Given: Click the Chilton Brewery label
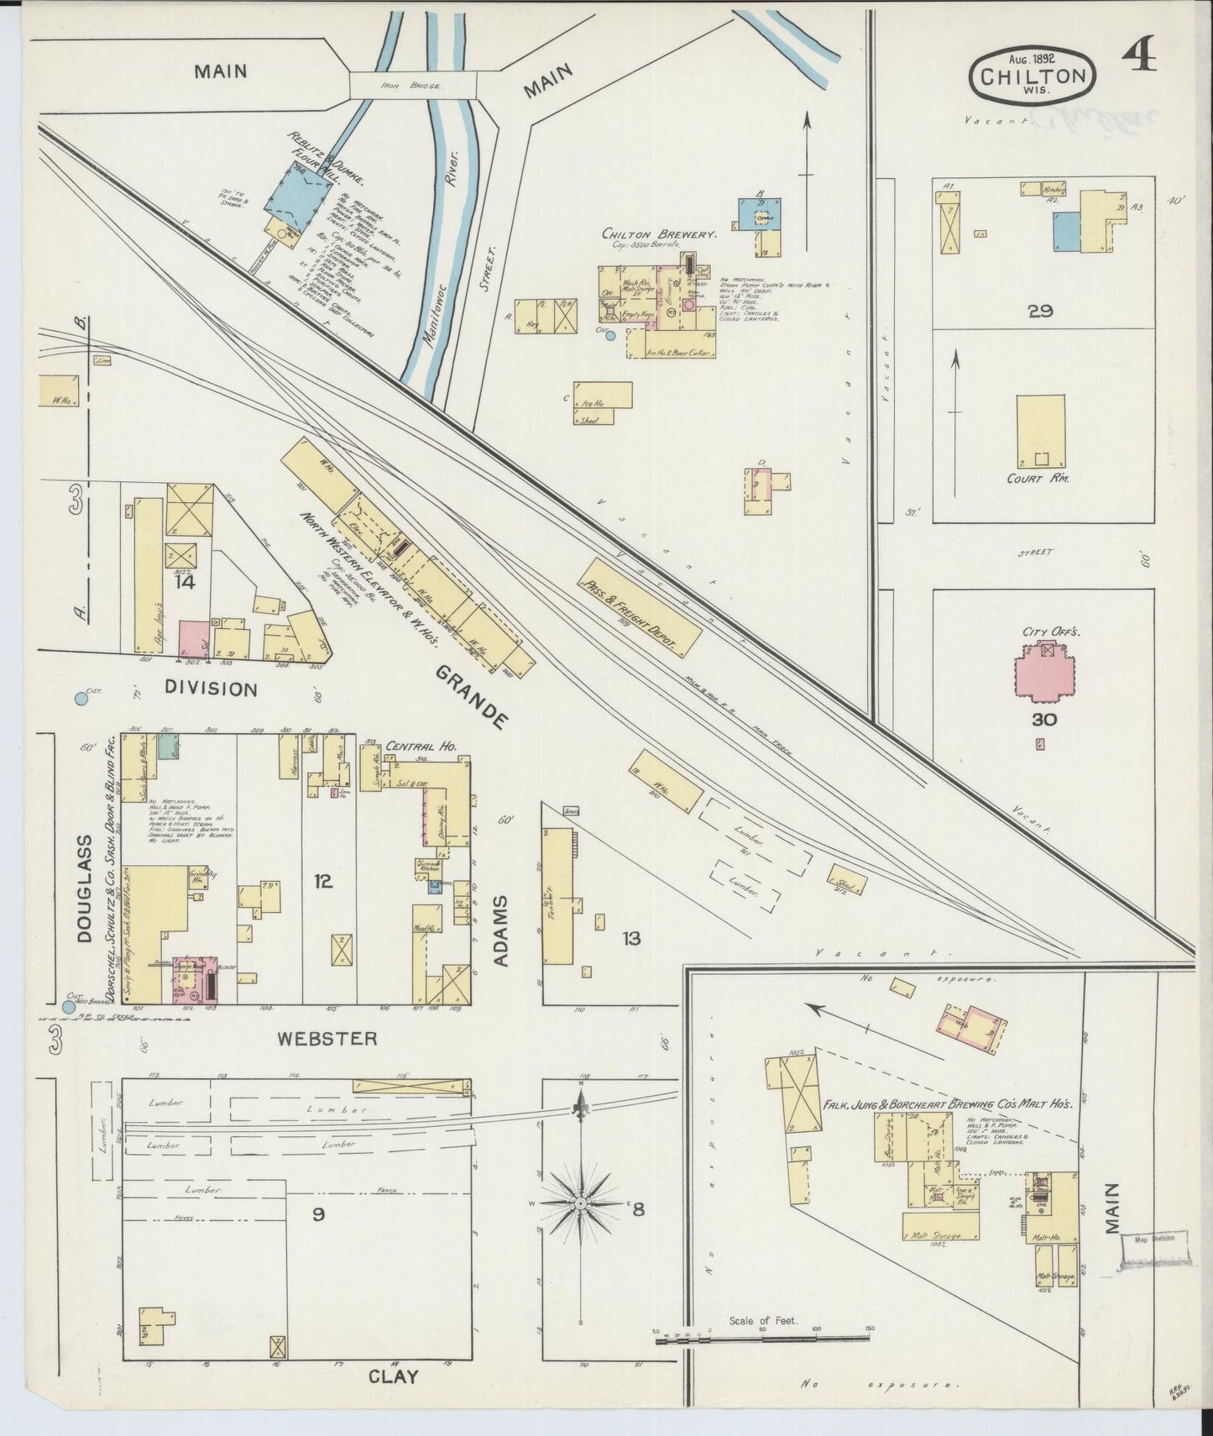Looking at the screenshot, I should point(659,234).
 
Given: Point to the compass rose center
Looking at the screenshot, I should point(580,1203).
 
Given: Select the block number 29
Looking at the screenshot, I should point(1039,311).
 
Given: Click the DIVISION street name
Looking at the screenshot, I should point(211,689).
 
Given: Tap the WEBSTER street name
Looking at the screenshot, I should point(327,1038).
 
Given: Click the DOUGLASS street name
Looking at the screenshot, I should point(84,888).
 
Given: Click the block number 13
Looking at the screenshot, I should point(631,937).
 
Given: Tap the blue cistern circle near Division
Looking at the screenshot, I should point(81,697).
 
